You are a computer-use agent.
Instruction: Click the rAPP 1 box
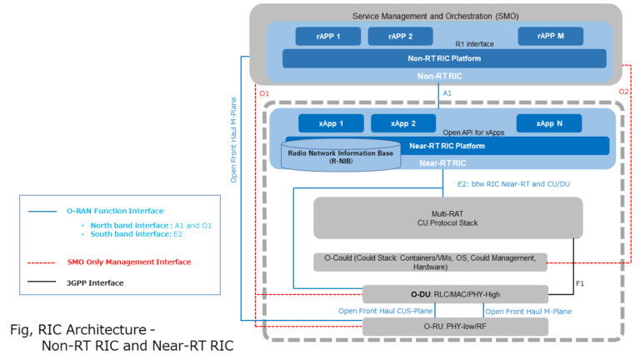click(x=327, y=36)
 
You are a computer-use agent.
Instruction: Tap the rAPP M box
click(x=550, y=36)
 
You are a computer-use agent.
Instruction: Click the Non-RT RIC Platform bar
click(x=444, y=58)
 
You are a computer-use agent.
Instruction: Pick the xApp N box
click(x=549, y=123)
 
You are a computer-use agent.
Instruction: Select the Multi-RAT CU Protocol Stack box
click(x=431, y=217)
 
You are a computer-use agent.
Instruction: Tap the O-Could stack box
click(x=430, y=262)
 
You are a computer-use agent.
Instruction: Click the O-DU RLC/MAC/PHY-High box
click(x=455, y=294)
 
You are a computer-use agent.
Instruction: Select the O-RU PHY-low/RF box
click(x=455, y=326)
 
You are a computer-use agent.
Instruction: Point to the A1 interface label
click(x=447, y=93)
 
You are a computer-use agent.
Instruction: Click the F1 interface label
click(x=580, y=284)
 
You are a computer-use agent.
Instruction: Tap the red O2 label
click(x=624, y=92)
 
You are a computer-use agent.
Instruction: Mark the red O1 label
click(x=264, y=92)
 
